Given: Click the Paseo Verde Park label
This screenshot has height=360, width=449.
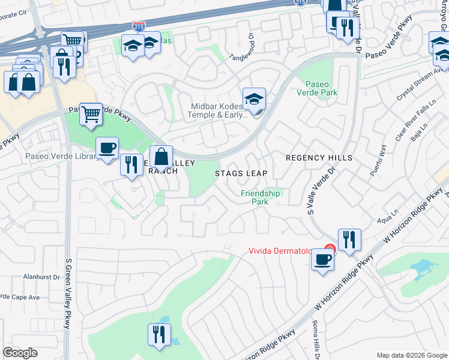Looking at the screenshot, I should (317, 88).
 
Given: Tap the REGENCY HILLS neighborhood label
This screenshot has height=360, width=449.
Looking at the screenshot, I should (319, 158).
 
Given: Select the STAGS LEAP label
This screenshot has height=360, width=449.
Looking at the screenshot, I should (241, 173).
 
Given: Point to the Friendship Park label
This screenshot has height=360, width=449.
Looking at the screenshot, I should (261, 197).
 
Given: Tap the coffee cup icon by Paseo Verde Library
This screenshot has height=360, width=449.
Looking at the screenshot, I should (107, 148).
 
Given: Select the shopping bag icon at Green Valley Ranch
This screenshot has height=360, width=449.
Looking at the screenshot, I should (161, 158).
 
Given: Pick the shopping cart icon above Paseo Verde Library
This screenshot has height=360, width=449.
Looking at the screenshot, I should (91, 113).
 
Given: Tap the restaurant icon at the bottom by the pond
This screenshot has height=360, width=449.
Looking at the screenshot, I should (159, 334).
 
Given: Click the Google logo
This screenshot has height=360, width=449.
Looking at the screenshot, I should (20, 353).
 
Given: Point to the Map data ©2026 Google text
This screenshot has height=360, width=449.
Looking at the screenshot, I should (412, 355).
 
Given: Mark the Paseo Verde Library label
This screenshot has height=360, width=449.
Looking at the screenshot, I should (61, 157).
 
